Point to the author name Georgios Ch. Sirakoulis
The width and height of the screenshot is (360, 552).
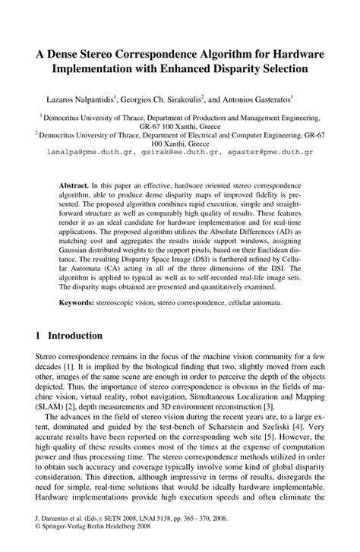(x=157, y=99)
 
